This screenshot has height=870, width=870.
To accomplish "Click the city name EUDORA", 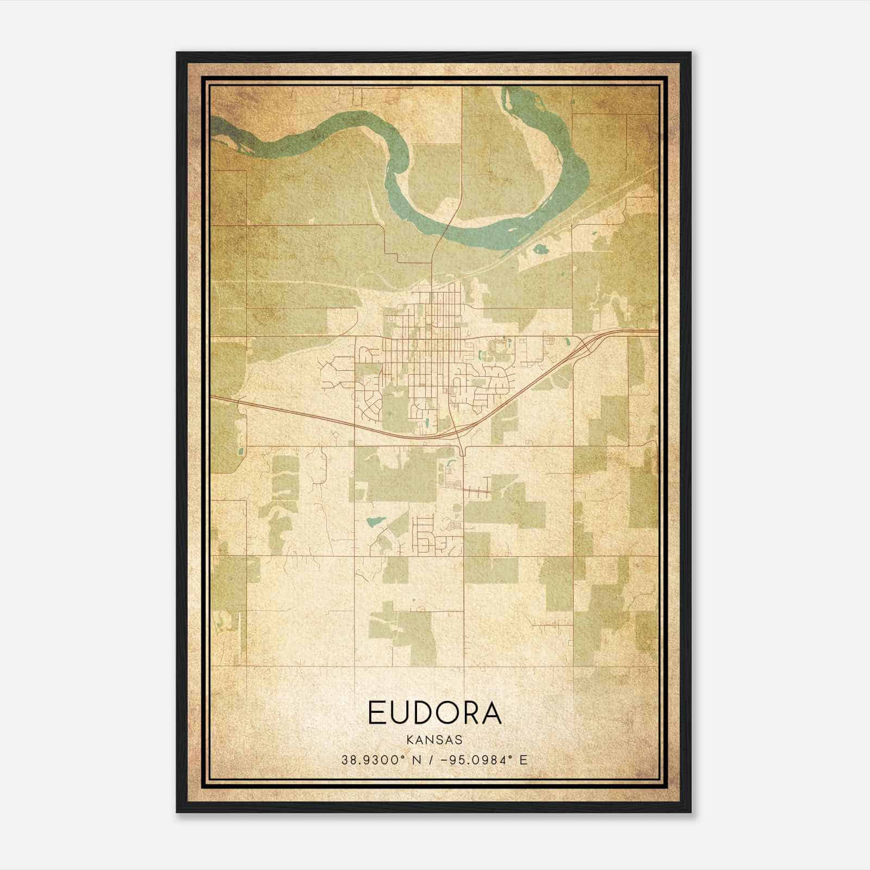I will pyautogui.click(x=434, y=713).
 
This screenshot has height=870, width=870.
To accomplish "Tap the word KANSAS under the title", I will pyautogui.click(x=434, y=739).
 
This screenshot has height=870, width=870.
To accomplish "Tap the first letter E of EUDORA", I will pyautogui.click(x=377, y=713).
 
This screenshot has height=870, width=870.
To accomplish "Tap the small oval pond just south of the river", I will pyautogui.click(x=541, y=250).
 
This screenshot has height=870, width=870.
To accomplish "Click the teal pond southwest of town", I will pyautogui.click(x=374, y=521).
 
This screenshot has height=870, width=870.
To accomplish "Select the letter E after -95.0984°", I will pyautogui.click(x=523, y=760).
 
